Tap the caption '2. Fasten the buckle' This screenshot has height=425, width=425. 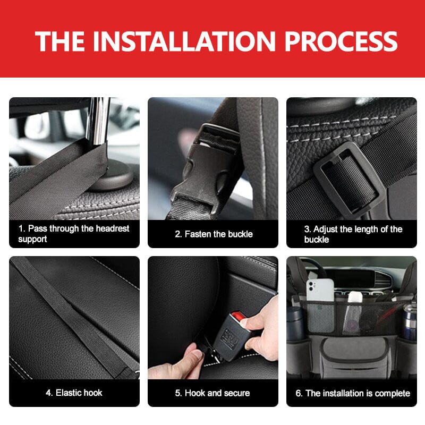pos(214,234)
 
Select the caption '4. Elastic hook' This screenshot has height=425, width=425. pos(74,393)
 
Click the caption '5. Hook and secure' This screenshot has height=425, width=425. pos(212,393)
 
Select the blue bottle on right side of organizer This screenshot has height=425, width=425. pos(409,321)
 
